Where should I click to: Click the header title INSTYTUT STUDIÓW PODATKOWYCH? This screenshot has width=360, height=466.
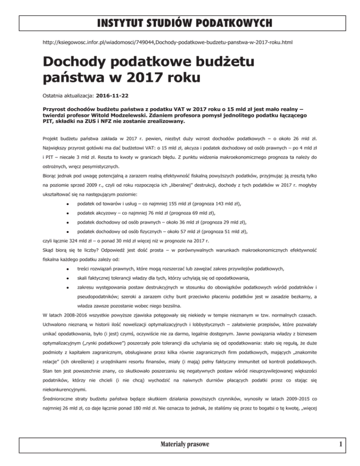pos(180,22)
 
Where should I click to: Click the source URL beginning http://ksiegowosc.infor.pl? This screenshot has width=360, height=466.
pos(167,42)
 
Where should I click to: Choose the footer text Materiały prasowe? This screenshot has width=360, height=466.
pos(180,455)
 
